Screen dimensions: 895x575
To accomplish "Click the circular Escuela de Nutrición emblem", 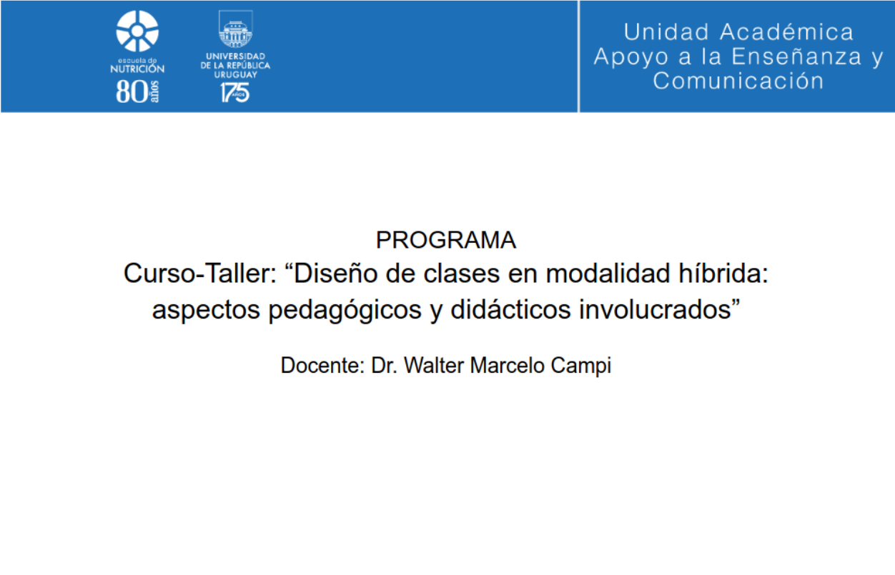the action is point(137,31).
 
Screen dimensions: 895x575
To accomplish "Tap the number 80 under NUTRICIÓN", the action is point(132,92).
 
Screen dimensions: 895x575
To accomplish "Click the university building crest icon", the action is point(236,29).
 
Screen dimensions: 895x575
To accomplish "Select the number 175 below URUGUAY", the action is point(235,93).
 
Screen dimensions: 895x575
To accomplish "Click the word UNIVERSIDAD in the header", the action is point(235,56).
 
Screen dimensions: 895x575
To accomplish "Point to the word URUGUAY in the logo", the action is point(235,75).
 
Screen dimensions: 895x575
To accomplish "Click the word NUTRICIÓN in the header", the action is point(137,69).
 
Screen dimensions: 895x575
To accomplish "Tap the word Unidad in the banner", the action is point(666,32).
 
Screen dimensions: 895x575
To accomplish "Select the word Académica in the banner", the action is point(786,32).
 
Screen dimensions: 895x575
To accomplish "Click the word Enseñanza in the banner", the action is point(796,56).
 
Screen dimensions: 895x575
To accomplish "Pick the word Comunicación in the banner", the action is point(738,81).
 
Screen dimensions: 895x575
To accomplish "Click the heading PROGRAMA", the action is point(446,240).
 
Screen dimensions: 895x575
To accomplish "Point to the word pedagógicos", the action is point(345,310).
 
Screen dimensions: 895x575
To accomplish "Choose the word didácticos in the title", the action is point(510,309).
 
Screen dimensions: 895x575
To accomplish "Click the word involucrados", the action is point(660,309).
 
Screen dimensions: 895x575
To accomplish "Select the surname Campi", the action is point(581,366).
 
